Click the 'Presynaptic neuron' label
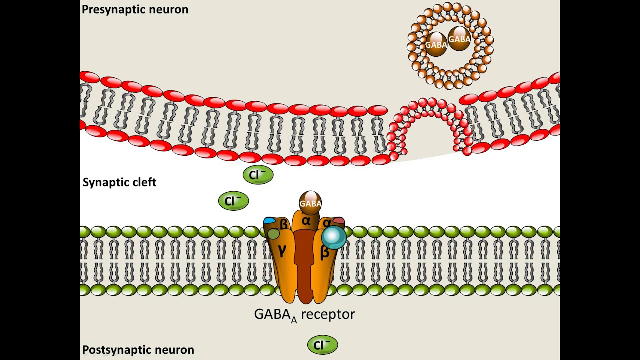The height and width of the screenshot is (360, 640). click(135, 9)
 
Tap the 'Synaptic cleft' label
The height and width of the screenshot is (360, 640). click(119, 182)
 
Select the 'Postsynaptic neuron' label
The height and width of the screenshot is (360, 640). click(138, 350)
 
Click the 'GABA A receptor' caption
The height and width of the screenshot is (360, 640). click(304, 315)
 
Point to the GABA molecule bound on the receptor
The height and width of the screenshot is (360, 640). click(310, 203)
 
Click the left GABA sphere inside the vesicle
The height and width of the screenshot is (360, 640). click(436, 44)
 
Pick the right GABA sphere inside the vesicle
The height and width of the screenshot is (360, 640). click(459, 39)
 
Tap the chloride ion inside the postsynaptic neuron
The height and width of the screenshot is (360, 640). click(322, 345)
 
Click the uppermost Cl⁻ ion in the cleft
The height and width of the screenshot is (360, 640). click(258, 175)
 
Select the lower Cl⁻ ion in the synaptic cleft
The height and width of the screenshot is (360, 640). click(233, 201)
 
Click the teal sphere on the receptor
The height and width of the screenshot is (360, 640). click(334, 237)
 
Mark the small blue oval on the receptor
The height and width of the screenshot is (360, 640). click(269, 220)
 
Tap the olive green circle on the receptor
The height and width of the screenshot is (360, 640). click(273, 234)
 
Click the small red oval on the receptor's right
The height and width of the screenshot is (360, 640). click(339, 221)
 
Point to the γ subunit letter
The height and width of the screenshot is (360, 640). click(282, 250)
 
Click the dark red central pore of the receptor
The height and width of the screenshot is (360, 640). click(304, 265)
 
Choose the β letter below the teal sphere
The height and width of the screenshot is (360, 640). click(324, 253)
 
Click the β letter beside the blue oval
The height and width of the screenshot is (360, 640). click(283, 224)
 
